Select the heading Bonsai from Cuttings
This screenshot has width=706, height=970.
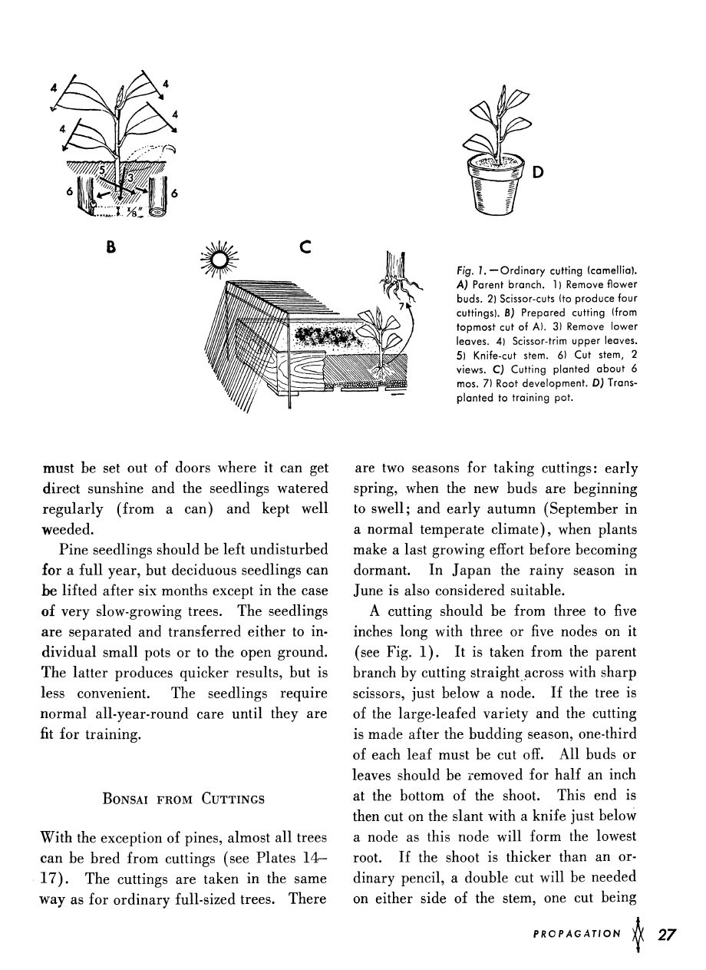(x=183, y=799)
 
